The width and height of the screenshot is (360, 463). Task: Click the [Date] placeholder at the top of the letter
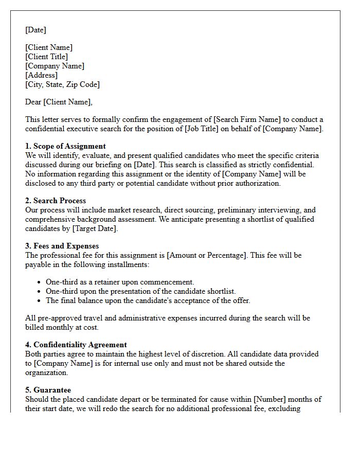(x=35, y=30)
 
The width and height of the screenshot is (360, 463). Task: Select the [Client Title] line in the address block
(x=46, y=57)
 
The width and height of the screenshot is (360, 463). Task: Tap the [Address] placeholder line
(x=41, y=75)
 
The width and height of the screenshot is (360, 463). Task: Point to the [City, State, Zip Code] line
(x=62, y=84)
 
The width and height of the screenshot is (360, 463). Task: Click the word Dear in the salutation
(x=33, y=102)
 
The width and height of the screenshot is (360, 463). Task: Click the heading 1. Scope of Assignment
(x=65, y=146)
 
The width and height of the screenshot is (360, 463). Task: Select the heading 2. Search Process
(x=56, y=201)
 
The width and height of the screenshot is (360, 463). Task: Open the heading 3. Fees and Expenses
(x=62, y=246)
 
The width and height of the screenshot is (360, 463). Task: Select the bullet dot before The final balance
(x=40, y=301)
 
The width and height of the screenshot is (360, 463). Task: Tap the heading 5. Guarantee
(x=48, y=390)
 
